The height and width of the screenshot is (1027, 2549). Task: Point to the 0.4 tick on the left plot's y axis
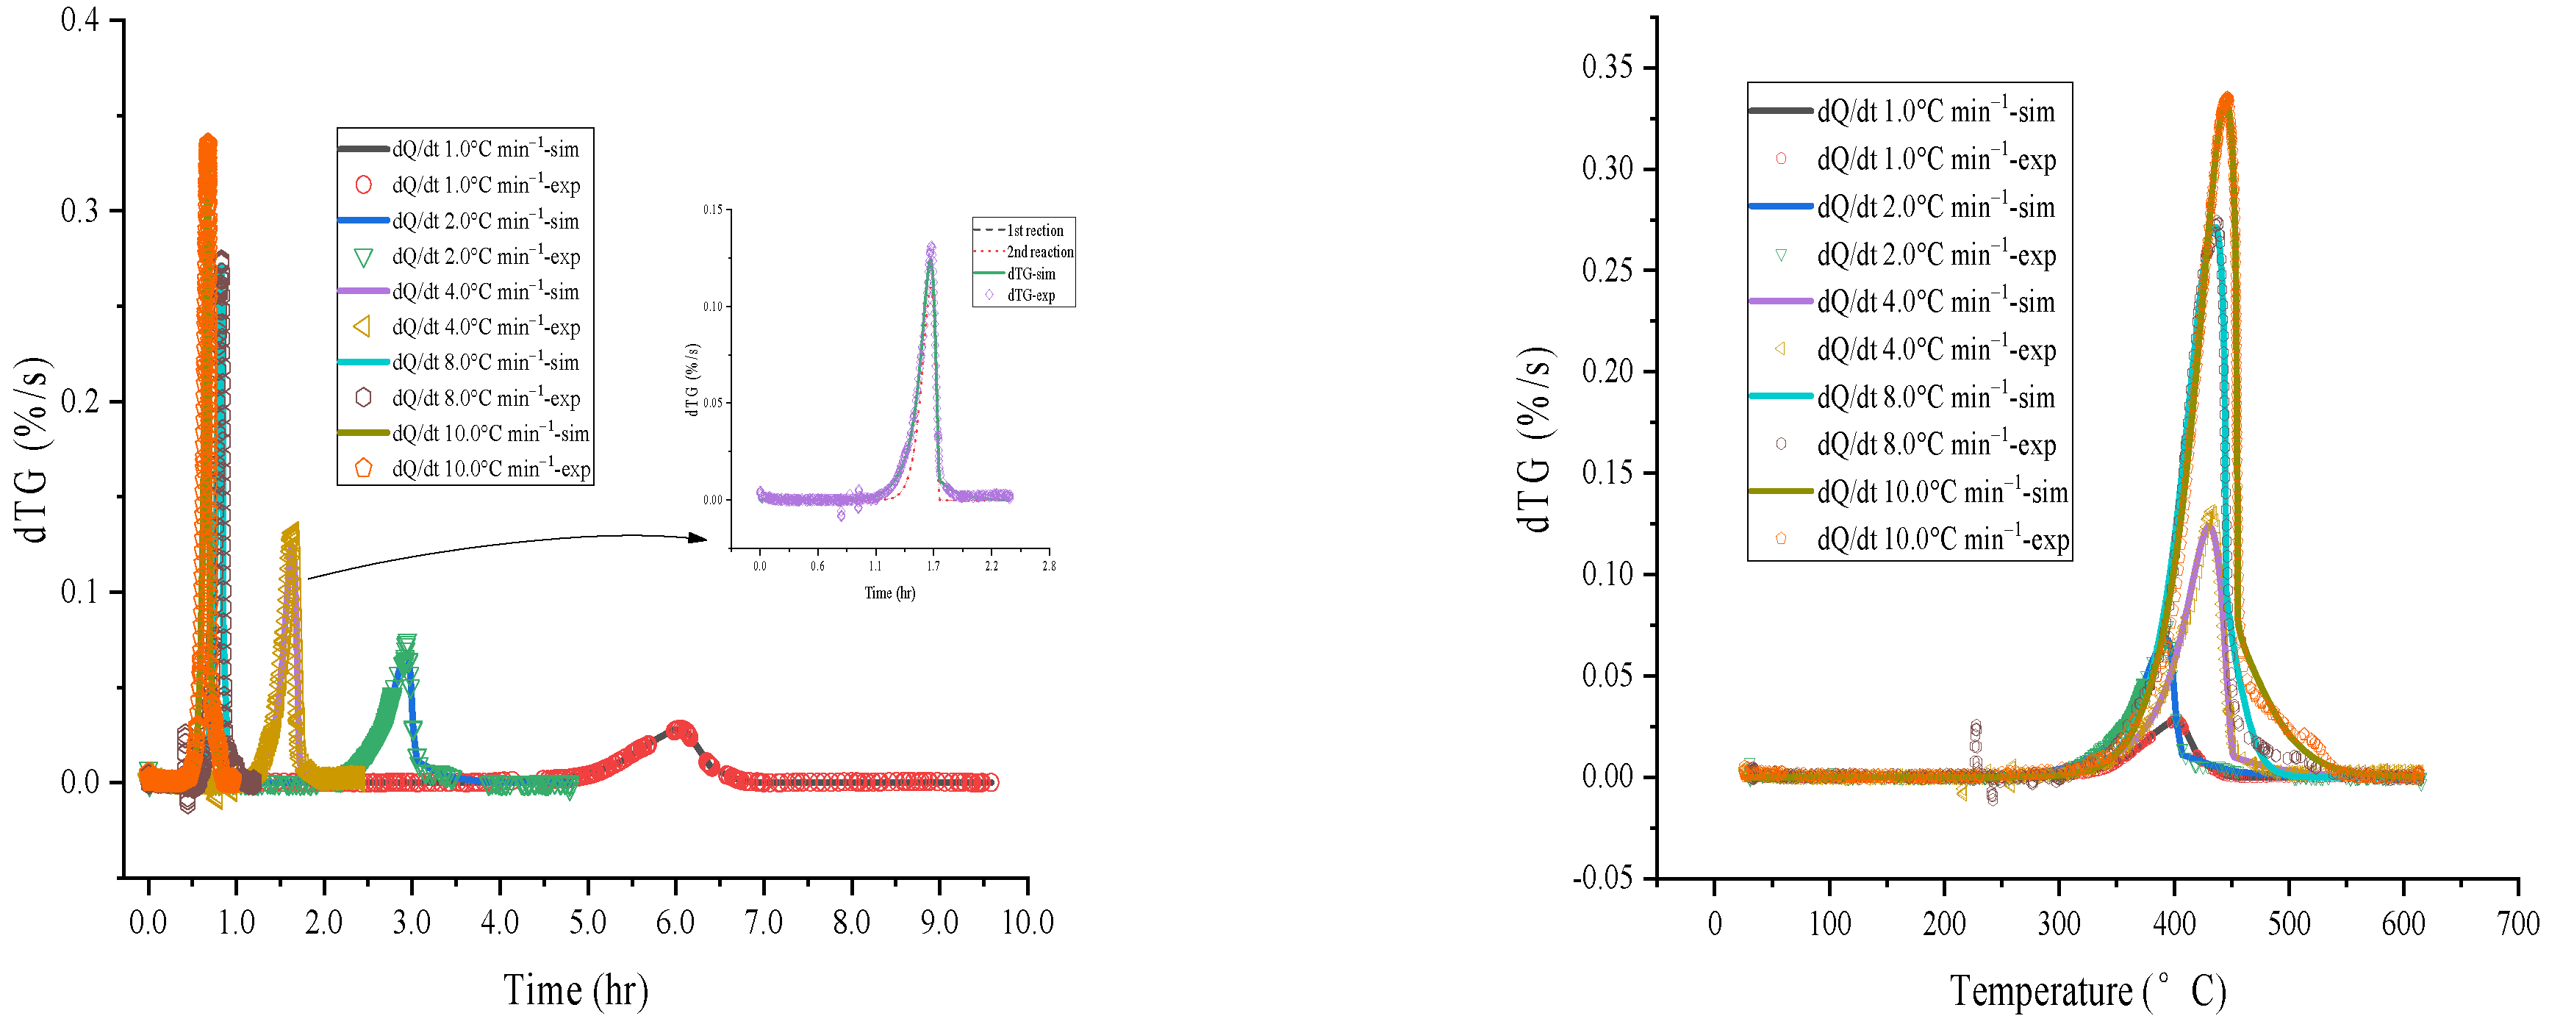[x=80, y=21]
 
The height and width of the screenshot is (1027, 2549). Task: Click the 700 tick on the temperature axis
[x=2517, y=924]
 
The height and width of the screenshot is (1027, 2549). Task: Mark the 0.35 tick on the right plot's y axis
[x=1607, y=68]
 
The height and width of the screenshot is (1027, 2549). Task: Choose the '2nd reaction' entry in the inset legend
[x=1039, y=252]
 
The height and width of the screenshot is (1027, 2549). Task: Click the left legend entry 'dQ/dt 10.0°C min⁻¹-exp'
[x=490, y=468]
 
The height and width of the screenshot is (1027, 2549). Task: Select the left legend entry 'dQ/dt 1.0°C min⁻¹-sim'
[x=485, y=149]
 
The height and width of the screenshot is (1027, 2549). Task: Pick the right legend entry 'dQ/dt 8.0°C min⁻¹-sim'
[x=1935, y=397]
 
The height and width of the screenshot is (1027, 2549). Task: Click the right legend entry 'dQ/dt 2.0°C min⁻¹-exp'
[x=1935, y=254]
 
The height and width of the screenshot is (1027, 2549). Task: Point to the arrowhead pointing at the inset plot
[x=698, y=538]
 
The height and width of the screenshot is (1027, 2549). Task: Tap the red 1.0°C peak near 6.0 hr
[x=678, y=729]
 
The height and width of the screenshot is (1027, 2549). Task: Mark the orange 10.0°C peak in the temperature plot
[x=2226, y=98]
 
